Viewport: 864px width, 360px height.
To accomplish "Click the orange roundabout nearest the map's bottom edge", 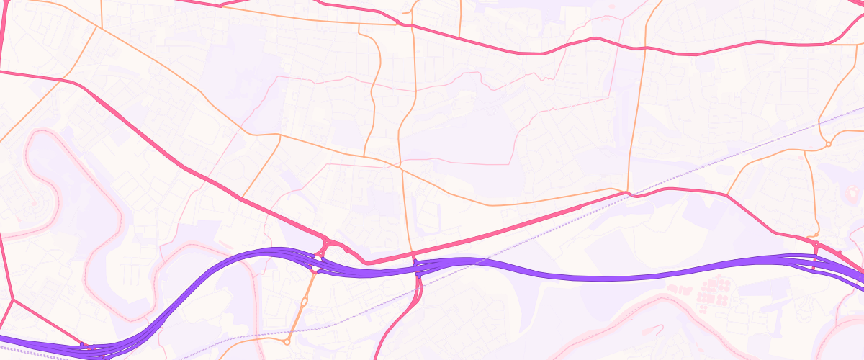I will [287, 341].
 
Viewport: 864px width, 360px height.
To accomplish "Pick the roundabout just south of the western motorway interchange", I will [315, 270].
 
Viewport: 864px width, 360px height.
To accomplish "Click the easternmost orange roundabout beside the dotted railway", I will [829, 144].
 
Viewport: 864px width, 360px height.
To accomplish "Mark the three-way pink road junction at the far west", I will [12, 299].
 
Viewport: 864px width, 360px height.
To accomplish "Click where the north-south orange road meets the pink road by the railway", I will [629, 193].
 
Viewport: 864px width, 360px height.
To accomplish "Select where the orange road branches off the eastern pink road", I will [727, 195].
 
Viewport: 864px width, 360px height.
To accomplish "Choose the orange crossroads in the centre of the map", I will [398, 166].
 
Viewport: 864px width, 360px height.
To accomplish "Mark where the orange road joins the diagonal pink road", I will [241, 197].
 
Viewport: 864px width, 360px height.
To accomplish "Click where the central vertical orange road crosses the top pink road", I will [414, 27].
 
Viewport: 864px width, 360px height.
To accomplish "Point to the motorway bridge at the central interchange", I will [417, 269].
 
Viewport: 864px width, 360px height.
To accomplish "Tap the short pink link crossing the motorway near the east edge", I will [815, 259].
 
